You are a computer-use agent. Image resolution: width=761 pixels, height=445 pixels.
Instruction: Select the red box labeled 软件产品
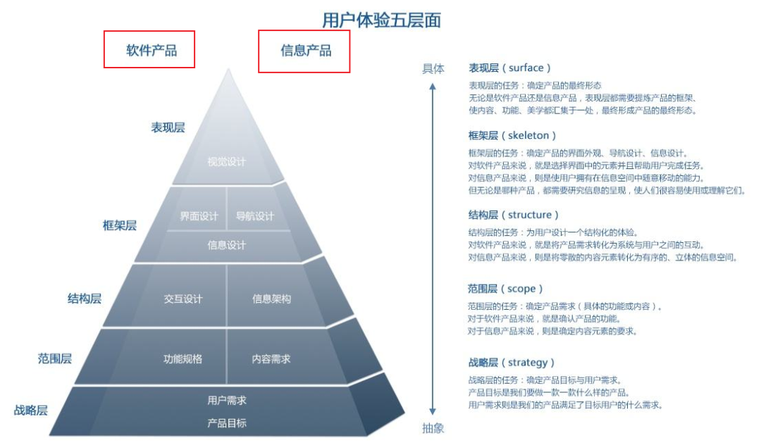(149, 49)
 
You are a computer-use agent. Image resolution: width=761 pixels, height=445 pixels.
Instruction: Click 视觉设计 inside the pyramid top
(227, 162)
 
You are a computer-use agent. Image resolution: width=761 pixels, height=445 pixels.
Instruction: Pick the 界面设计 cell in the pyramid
(199, 216)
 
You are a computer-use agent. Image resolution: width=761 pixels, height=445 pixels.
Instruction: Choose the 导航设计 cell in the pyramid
(255, 216)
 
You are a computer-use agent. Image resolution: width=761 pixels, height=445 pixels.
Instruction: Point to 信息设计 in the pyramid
(227, 245)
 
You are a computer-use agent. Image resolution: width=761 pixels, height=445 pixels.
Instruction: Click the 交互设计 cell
(183, 299)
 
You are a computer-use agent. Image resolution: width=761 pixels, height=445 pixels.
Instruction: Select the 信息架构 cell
(271, 299)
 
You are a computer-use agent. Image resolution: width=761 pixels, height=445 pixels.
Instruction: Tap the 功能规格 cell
(183, 358)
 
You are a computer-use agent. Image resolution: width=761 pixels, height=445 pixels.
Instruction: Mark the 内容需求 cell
(271, 358)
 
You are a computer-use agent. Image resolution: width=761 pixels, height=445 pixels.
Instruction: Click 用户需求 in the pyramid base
(227, 400)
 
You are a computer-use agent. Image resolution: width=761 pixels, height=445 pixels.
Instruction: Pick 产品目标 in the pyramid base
(227, 423)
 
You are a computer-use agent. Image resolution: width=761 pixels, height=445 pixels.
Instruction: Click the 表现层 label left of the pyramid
(168, 127)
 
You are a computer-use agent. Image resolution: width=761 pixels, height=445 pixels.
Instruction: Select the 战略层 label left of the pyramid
(31, 410)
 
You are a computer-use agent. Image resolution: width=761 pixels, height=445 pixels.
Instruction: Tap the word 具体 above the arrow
(433, 68)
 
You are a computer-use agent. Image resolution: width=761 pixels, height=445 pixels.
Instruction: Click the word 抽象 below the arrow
(433, 428)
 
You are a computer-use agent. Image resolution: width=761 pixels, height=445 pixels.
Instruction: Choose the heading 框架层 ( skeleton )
(512, 135)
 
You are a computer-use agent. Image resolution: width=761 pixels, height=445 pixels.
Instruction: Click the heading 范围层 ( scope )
(506, 289)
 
